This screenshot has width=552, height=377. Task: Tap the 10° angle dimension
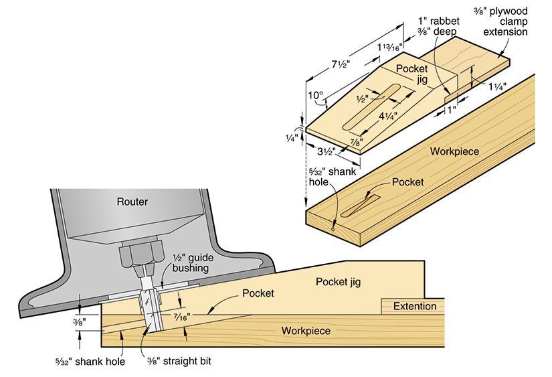(x=314, y=96)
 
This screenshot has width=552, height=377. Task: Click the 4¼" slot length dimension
(x=387, y=115)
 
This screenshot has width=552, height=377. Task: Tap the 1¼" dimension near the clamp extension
(x=496, y=86)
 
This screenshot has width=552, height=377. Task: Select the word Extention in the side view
(x=414, y=306)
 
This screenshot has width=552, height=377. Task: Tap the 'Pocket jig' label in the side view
(x=338, y=282)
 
